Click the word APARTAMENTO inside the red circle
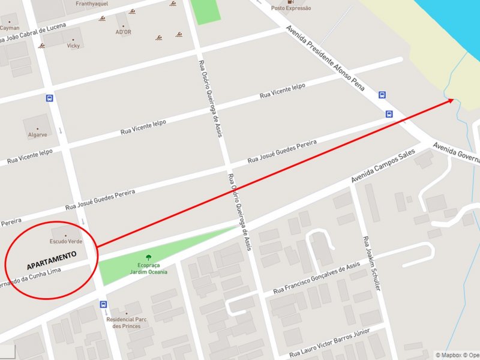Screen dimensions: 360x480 click(52, 260)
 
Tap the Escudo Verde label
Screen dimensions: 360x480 click(65, 241)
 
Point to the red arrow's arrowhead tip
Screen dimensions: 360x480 click(454, 100)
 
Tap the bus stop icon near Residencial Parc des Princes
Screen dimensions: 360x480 click(104, 304)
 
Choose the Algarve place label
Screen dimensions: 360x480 click(37, 135)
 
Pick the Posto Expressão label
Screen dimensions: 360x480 click(291, 8)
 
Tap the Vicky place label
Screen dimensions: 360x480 click(73, 46)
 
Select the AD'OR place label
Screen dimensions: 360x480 click(123, 32)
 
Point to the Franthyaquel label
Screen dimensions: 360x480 click(92, 4)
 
